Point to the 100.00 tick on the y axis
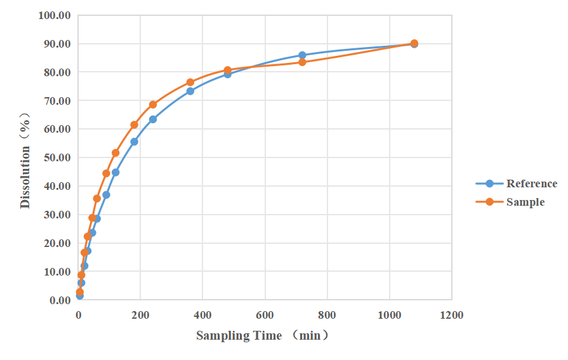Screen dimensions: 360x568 coord(56,16)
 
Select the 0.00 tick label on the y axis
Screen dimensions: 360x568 coord(60,300)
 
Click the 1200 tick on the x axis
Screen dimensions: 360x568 coord(451,315)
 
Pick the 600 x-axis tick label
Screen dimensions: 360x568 coord(265,315)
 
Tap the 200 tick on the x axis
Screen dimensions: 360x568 coord(140,315)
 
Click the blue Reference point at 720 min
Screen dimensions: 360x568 coord(302,56)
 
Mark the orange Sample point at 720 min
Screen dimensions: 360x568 coord(302,62)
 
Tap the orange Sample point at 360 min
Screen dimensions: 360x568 coord(190,83)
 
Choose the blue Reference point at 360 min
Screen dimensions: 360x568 coord(190,91)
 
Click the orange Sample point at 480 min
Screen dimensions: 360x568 coord(228,70)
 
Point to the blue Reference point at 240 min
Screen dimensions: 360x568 coord(153,119)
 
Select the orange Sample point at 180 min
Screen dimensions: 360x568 coord(134,125)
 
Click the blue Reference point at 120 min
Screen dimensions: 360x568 coord(116,173)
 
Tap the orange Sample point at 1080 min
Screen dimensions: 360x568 coord(414,44)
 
